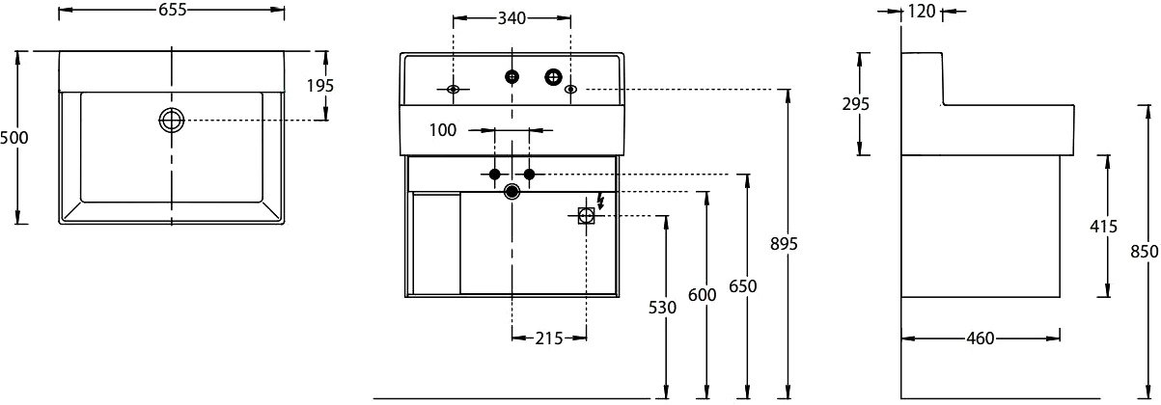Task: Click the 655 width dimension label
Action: tap(172, 10)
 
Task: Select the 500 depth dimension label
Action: tap(14, 138)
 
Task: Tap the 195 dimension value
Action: tap(319, 86)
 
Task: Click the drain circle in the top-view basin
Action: tap(172, 121)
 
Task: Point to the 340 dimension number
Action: tap(511, 18)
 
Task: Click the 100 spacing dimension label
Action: tap(443, 130)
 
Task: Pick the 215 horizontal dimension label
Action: tap(549, 338)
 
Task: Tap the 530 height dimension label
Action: tap(662, 308)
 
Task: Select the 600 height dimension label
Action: tap(703, 295)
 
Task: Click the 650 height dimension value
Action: tap(743, 285)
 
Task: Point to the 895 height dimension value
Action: tap(784, 243)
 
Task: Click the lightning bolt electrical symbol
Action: tap(600, 201)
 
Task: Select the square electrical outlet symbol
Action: tap(586, 215)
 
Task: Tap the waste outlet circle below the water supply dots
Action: tap(512, 192)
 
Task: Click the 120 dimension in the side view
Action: tap(921, 11)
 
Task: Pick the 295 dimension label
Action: tap(855, 104)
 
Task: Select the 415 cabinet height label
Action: tap(1103, 227)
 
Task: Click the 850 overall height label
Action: tap(1144, 252)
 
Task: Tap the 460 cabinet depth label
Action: tap(981, 338)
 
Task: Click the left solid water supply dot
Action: tap(494, 175)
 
